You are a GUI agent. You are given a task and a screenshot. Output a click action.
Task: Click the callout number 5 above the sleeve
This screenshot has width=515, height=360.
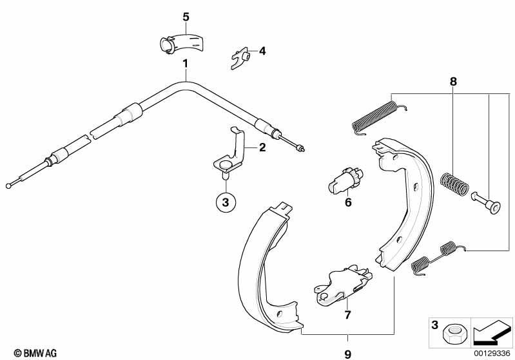(186, 17)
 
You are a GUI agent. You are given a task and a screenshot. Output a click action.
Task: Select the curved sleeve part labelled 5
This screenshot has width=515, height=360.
(182, 43)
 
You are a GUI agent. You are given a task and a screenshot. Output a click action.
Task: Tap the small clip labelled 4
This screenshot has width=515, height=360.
(241, 59)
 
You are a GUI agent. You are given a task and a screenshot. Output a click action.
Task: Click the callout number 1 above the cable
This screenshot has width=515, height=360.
(185, 63)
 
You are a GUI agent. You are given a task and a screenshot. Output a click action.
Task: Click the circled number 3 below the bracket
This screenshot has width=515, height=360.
(226, 202)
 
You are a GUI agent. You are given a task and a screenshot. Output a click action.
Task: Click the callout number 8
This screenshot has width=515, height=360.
(453, 81)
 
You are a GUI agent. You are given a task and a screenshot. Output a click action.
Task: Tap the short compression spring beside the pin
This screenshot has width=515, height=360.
(454, 184)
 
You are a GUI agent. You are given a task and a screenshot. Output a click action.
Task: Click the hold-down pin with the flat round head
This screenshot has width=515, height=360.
(487, 203)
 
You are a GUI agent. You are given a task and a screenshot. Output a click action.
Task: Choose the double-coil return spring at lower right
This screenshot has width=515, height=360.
(438, 257)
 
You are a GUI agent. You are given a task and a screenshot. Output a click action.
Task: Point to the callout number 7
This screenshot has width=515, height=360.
(347, 314)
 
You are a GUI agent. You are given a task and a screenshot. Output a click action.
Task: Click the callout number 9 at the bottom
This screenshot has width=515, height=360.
(347, 354)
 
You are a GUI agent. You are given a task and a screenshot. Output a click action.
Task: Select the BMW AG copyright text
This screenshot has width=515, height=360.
(35, 353)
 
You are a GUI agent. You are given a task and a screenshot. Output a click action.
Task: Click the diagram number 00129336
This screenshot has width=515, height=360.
(492, 354)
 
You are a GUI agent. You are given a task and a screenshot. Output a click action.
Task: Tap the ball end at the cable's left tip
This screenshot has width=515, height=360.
(9, 185)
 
